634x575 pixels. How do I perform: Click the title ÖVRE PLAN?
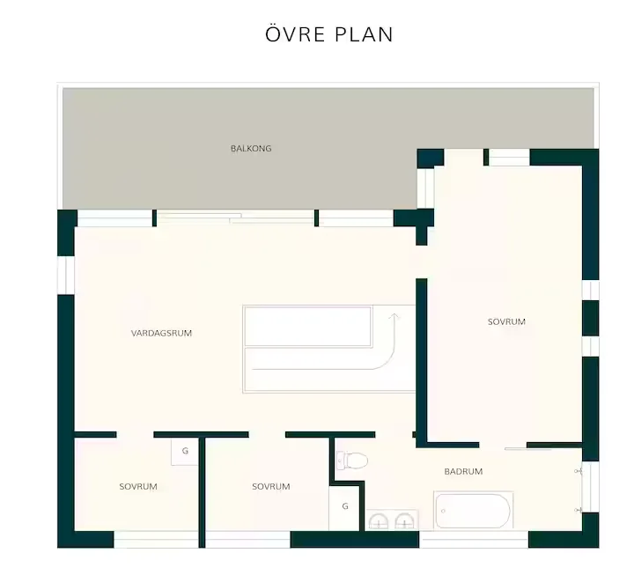[x=329, y=34]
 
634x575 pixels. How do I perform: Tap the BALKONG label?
[x=251, y=149]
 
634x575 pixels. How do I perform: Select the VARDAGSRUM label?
[x=161, y=333]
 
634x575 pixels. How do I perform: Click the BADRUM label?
[x=463, y=471]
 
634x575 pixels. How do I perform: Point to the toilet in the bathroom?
[x=352, y=461]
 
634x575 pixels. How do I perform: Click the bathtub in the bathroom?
[x=474, y=511]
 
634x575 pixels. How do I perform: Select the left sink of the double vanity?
[x=379, y=521]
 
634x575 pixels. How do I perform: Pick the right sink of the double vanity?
[x=404, y=521]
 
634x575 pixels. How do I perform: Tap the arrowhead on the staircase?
[x=394, y=317]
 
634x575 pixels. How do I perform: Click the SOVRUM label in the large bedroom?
[x=506, y=322]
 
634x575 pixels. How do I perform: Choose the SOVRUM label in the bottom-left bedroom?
[x=138, y=486]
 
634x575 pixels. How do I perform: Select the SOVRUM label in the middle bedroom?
[x=271, y=486]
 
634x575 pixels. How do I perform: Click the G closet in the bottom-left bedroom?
[x=185, y=451]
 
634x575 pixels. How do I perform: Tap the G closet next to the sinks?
[x=345, y=506]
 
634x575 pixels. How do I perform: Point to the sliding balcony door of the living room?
[x=235, y=217]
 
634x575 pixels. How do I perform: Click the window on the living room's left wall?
[x=66, y=275]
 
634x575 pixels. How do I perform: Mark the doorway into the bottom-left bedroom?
[x=135, y=435]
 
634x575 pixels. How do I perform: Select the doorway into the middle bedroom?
[x=267, y=435]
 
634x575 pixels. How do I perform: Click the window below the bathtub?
[x=474, y=540]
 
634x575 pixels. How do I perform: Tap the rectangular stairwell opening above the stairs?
[x=307, y=327]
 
